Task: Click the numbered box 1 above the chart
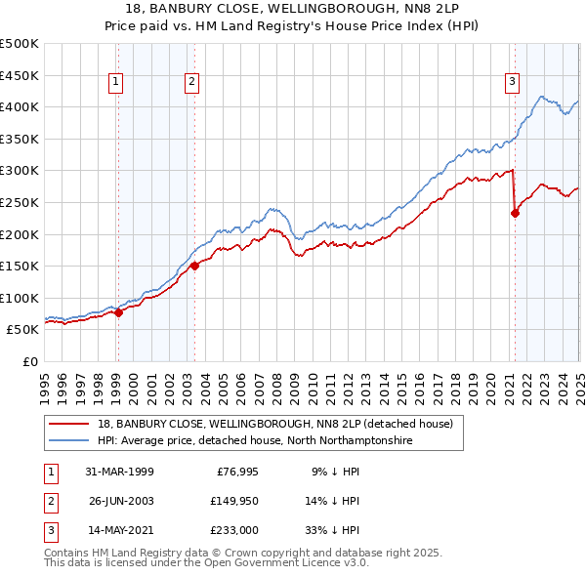[x=116, y=82]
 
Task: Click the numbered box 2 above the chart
[x=191, y=82]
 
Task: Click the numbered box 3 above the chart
[x=512, y=82]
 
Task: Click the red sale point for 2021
[x=515, y=215]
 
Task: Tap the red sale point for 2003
[x=194, y=266]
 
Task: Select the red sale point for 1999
[x=118, y=312]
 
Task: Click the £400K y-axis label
[x=21, y=106]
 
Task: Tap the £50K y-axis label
[x=23, y=330]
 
